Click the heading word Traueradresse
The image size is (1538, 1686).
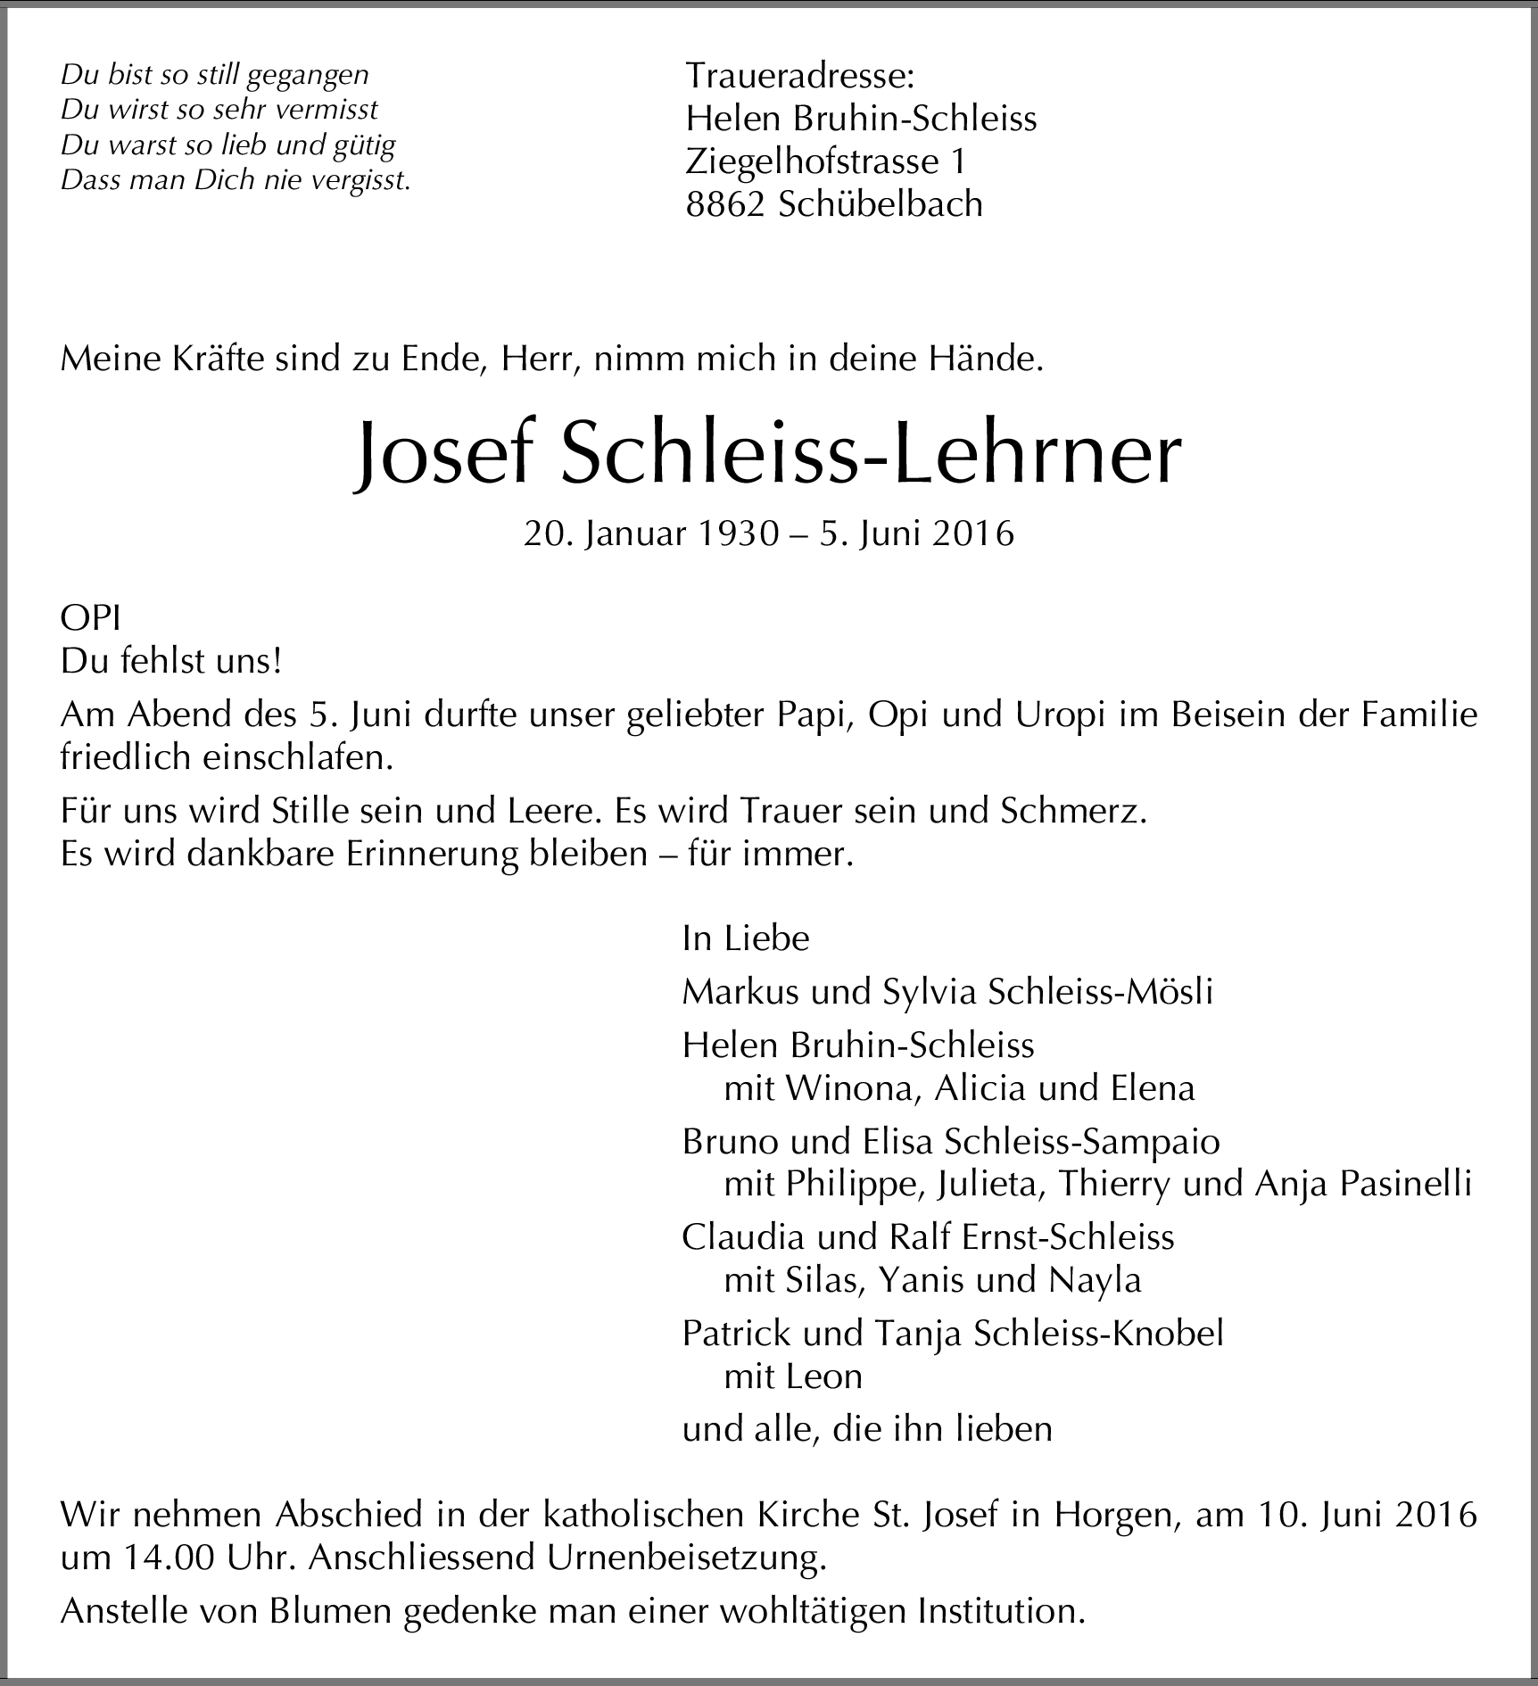[x=799, y=77]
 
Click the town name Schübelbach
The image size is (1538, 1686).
[x=881, y=205]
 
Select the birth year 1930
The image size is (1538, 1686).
[x=738, y=533]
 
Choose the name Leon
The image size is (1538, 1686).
[x=824, y=1376]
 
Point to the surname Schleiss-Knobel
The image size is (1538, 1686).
[x=1099, y=1333]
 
